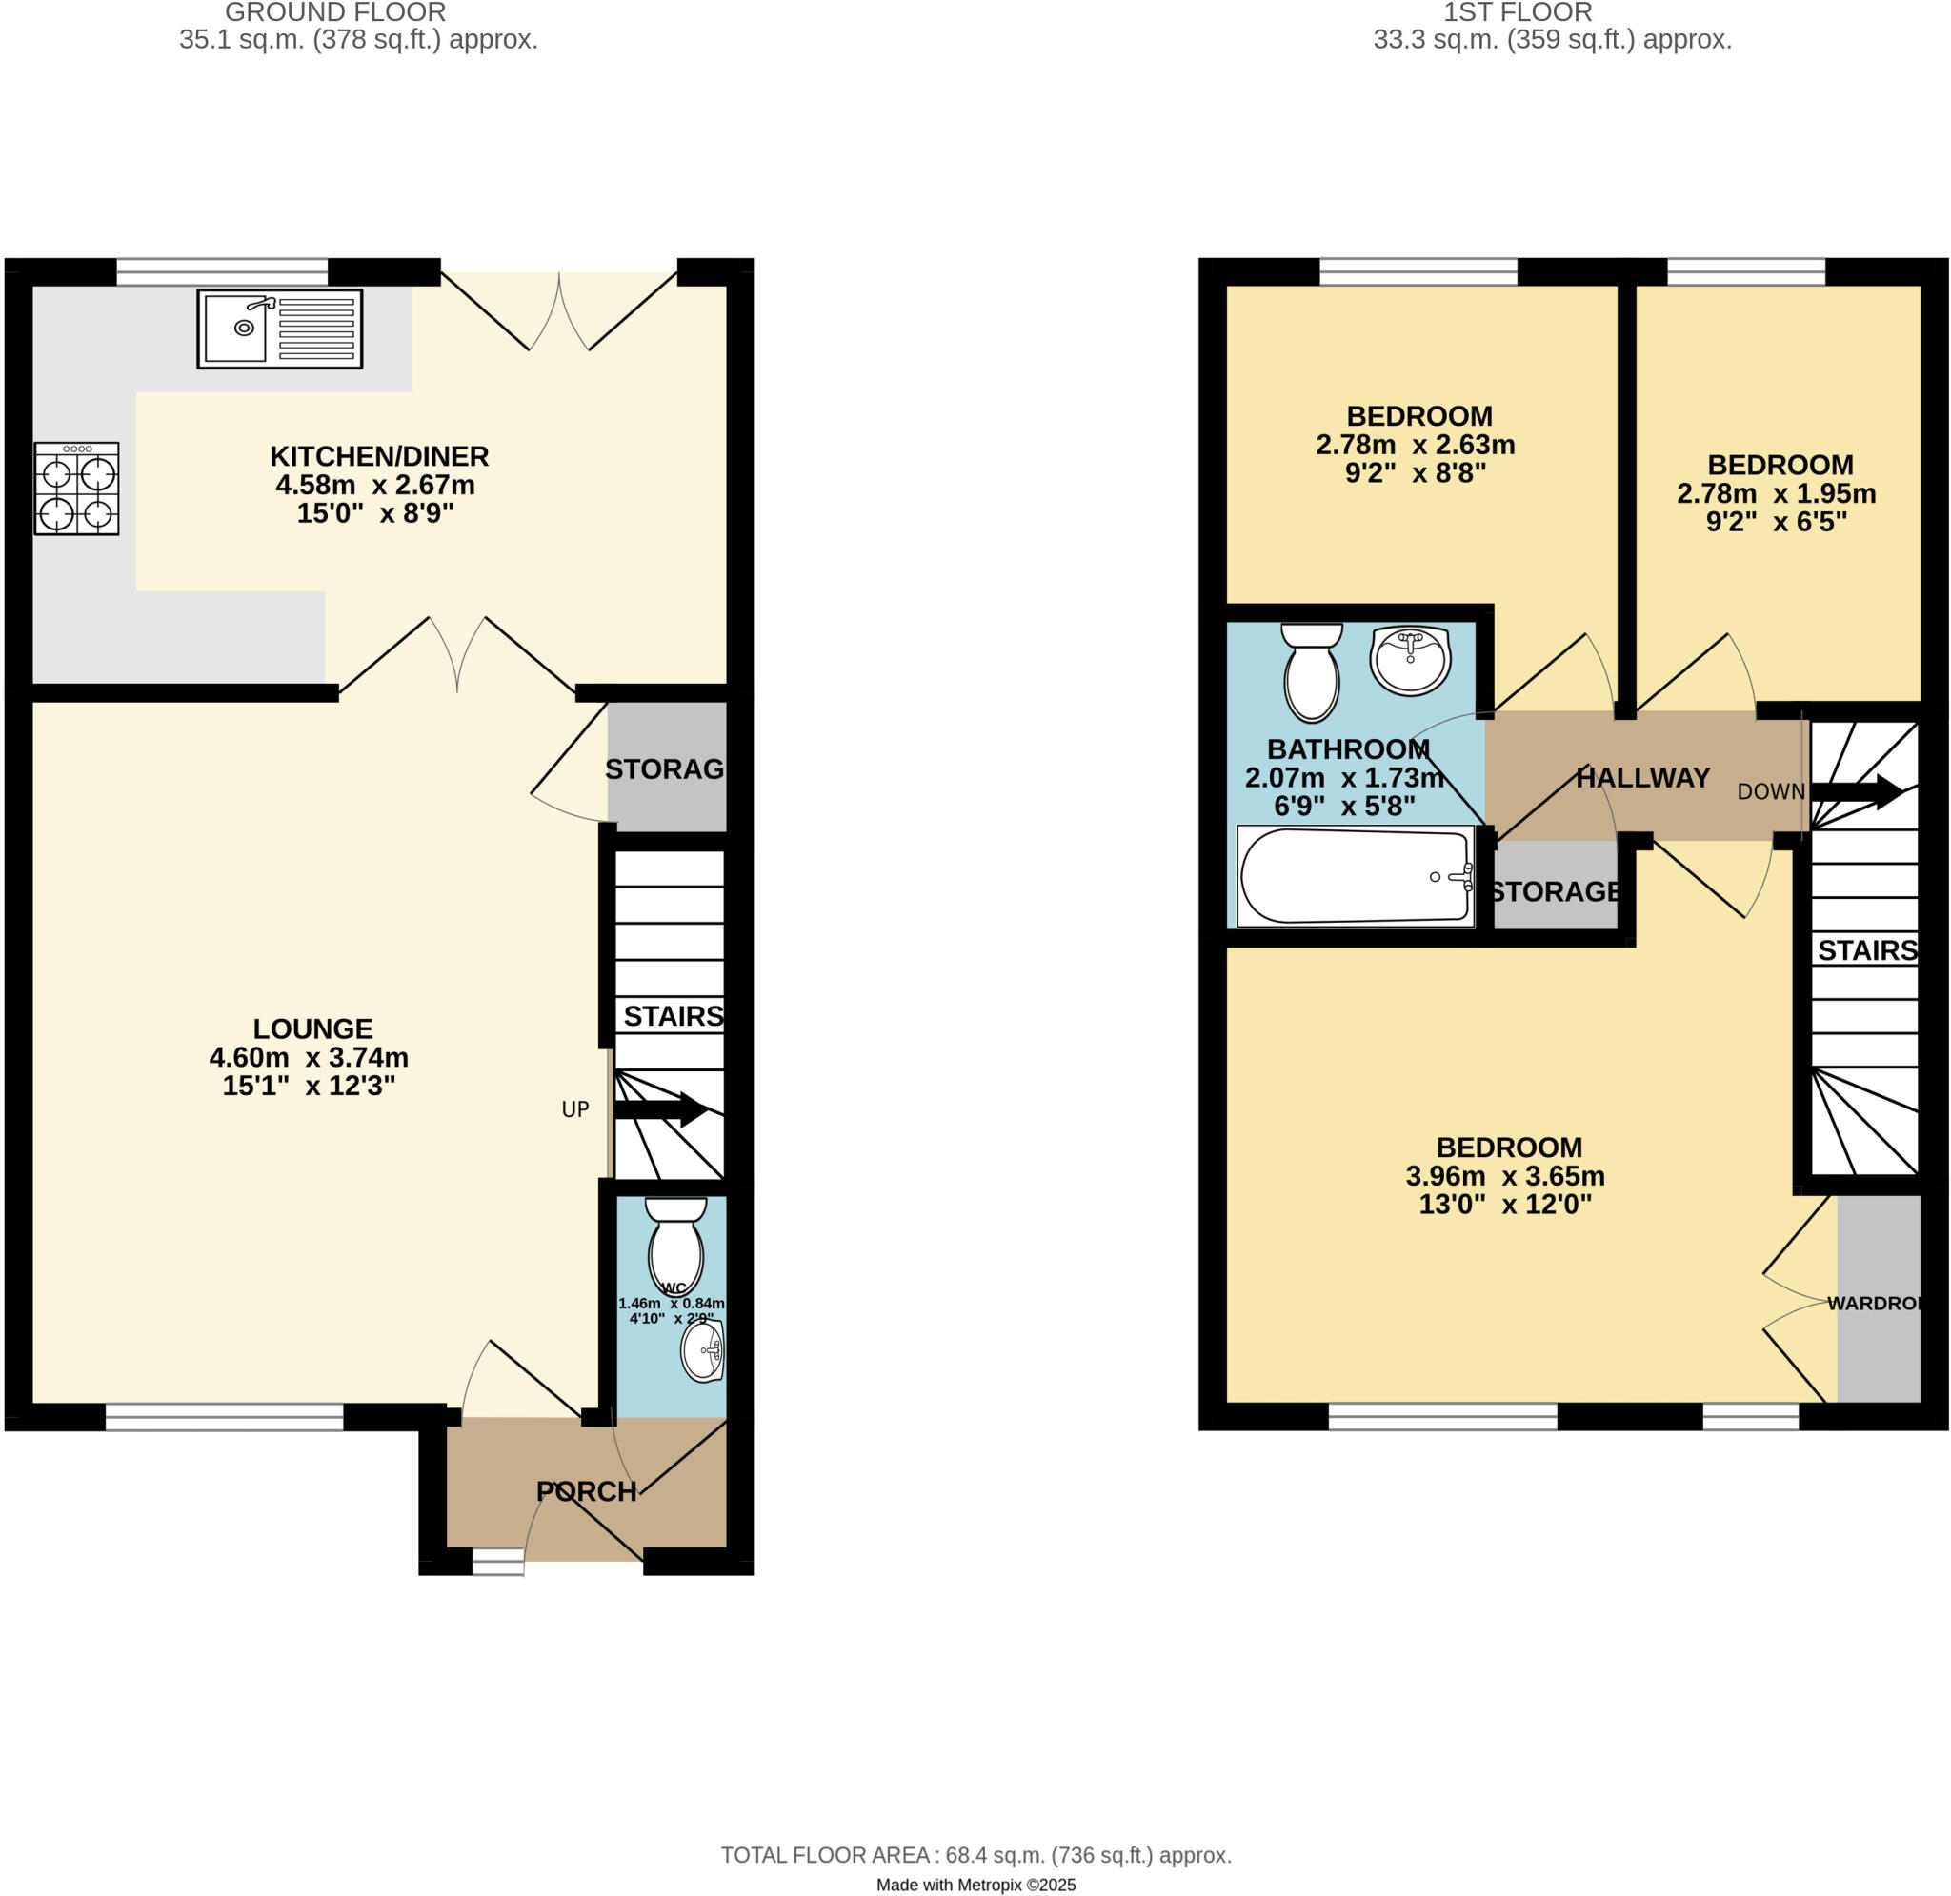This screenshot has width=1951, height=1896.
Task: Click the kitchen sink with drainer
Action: point(279,329)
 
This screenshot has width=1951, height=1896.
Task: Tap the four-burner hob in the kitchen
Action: point(76,489)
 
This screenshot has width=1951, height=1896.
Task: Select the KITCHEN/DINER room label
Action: point(378,457)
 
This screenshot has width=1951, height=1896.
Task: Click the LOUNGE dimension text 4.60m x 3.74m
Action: point(309,1056)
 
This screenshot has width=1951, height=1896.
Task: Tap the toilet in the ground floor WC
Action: point(675,1245)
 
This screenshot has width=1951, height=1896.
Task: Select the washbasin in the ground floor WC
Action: point(702,1352)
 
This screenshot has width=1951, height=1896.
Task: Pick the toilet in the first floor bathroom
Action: point(1311,671)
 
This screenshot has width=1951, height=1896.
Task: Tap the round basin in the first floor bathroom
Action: point(1410,658)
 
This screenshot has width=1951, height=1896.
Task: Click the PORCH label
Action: point(586,1490)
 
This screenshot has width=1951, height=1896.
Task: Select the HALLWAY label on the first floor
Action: point(1642,778)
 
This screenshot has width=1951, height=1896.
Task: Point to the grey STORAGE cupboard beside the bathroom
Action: point(1555,888)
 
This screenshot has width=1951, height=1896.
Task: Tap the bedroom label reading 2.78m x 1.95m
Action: point(1776,493)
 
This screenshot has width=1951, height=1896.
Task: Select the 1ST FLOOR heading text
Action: point(1517,13)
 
